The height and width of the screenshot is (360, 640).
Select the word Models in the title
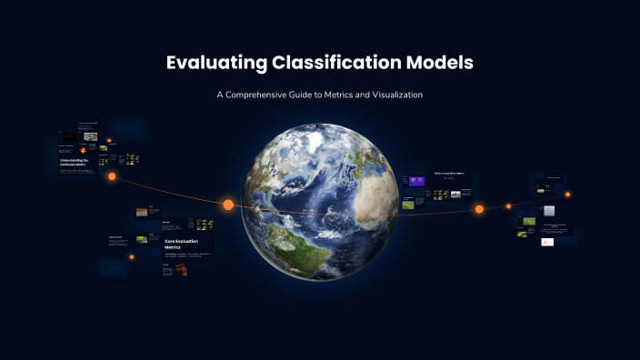440,64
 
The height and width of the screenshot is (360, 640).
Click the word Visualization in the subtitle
391,95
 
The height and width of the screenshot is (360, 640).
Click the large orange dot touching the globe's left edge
228,205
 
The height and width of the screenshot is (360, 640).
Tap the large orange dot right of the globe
479,209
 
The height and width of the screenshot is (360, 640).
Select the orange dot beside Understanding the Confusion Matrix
112,176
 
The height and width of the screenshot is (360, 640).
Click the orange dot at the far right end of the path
568,194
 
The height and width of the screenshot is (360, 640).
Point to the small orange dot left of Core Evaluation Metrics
132,257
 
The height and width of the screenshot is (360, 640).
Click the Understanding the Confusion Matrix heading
78,161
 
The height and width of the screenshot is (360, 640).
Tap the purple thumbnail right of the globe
417,181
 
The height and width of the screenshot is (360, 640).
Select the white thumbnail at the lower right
546,242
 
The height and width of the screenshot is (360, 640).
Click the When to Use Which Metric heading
449,173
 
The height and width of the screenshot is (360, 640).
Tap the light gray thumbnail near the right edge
549,210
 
